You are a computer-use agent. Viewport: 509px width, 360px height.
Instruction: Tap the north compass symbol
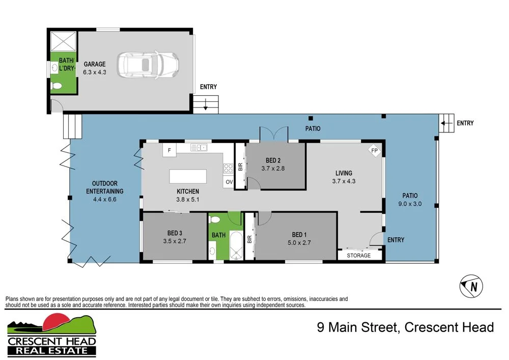(x=471, y=287)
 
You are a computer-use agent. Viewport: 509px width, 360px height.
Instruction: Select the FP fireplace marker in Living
(x=375, y=151)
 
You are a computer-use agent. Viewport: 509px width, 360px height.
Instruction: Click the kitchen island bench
(x=188, y=177)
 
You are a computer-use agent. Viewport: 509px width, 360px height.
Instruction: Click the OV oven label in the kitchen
(x=229, y=182)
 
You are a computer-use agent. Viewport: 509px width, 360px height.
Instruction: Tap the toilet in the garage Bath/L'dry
(x=56, y=87)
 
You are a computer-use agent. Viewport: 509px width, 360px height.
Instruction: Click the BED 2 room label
(x=275, y=160)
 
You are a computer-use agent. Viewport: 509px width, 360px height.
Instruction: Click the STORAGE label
(x=359, y=255)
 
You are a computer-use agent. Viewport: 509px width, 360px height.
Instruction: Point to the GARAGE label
(x=95, y=64)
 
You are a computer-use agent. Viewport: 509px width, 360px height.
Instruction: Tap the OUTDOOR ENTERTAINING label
(x=105, y=187)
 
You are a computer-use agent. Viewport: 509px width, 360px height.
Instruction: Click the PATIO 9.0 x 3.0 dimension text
(x=410, y=204)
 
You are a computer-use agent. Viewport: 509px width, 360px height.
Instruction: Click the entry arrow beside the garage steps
(x=205, y=105)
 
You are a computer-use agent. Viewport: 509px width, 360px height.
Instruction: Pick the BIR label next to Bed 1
(x=249, y=238)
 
